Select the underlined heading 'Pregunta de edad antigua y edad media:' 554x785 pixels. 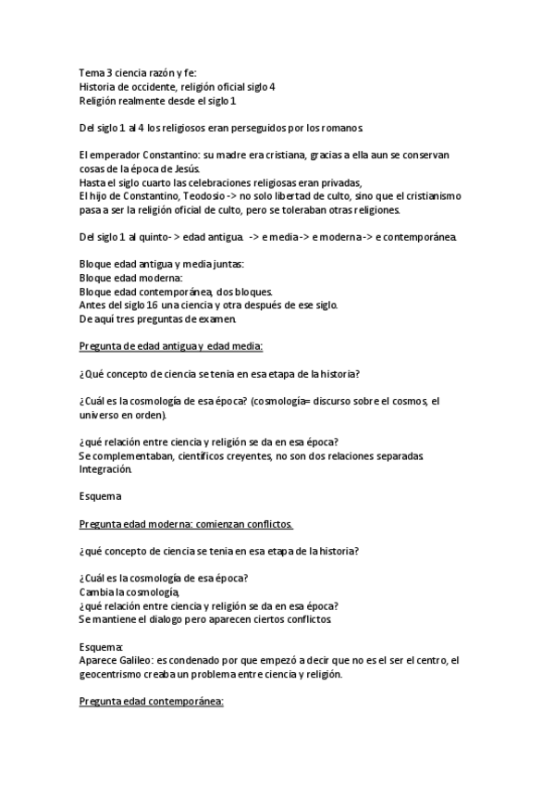[171, 346]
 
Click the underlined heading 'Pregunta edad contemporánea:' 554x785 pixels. [152, 702]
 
